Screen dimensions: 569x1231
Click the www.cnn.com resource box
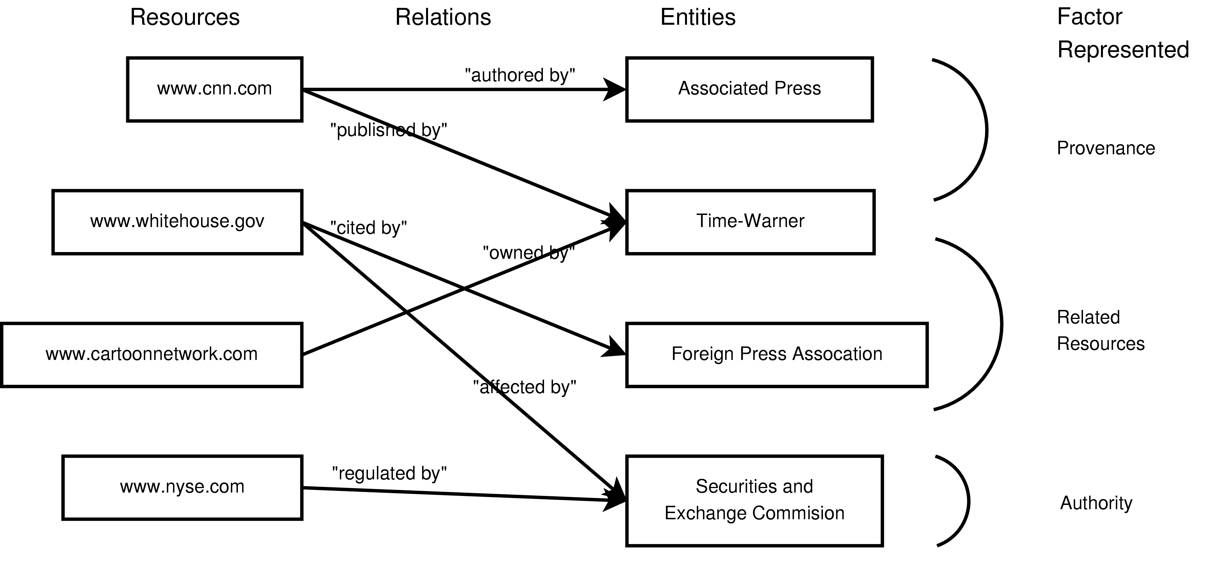coord(215,89)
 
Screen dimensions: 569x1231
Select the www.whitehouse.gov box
coord(177,222)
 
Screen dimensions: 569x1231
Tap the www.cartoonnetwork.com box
coord(151,354)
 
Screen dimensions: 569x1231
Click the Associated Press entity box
coord(749,89)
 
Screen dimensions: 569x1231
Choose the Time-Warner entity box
coord(750,222)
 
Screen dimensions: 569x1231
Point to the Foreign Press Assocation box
coord(777,354)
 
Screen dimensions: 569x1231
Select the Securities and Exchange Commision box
coord(754,500)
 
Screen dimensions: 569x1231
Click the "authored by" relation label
coord(520,75)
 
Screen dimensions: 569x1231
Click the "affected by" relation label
coord(524,387)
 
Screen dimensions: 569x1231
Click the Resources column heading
coord(185,18)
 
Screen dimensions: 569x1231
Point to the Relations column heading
coord(443,18)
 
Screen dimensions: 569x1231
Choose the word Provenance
coord(1106,148)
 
